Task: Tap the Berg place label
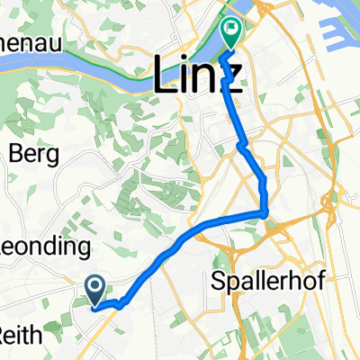pos(33,154)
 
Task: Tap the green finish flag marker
pos(231,35)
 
